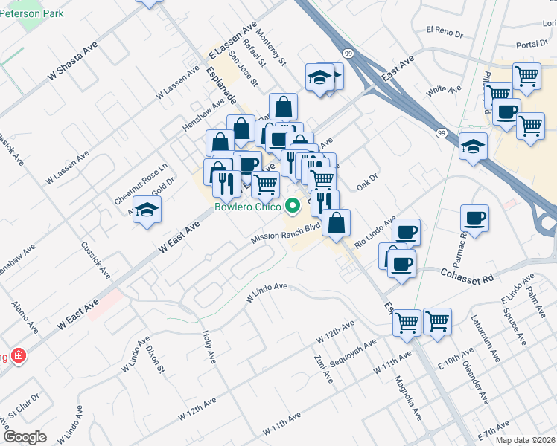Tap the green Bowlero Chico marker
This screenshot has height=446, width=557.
293,206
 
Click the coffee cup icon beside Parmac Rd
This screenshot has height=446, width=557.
474,219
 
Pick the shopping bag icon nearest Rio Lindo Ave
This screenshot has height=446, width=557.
337,222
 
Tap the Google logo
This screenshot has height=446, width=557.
25,437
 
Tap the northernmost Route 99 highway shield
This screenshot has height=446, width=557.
348,54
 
